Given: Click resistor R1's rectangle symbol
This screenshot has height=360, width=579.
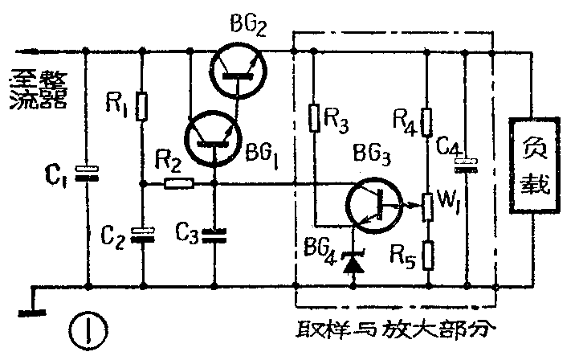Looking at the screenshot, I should (x=142, y=105).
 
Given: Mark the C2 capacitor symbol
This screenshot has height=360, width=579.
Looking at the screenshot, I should (x=142, y=234).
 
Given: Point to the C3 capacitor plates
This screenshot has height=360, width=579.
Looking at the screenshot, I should (x=214, y=235).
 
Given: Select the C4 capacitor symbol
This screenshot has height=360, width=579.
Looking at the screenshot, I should (x=464, y=164).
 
